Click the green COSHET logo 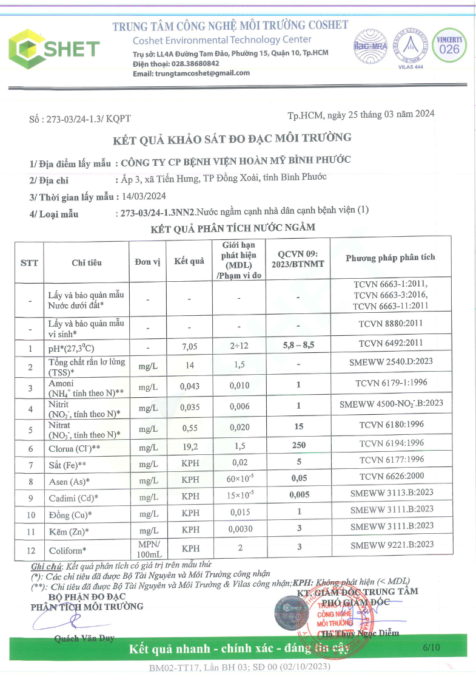point(53,48)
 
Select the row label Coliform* point(70,550)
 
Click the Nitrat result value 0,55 point(190,428)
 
